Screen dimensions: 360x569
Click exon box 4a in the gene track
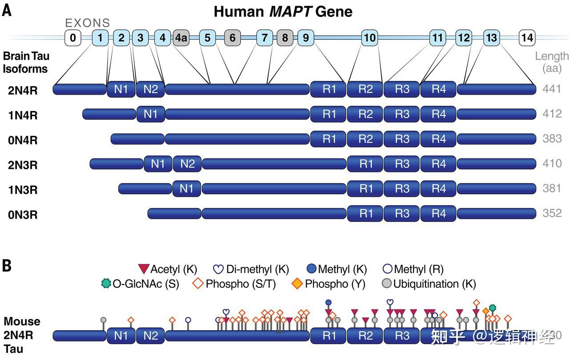tap(181, 38)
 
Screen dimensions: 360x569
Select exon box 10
tap(370, 38)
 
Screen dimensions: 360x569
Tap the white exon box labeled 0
tap(72, 38)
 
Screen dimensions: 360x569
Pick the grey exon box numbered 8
tap(285, 38)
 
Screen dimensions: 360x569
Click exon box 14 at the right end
tap(527, 38)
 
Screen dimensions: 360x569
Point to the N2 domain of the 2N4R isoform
tap(150, 89)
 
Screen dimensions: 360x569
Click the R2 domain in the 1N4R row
tap(365, 114)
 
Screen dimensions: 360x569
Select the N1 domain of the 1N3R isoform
tap(187, 189)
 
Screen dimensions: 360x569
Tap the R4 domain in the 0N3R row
tap(438, 214)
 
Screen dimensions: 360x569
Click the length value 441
tap(552, 89)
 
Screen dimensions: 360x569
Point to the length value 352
tap(552, 213)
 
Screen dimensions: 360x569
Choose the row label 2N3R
tap(23, 165)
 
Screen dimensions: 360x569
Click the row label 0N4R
tap(23, 140)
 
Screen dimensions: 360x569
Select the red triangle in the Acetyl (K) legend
tap(144, 269)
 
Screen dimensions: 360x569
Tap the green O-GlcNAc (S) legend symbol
tap(106, 284)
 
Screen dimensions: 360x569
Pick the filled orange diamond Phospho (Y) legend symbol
tap(297, 284)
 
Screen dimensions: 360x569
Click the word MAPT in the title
tap(290, 12)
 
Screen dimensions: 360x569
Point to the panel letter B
tap(7, 266)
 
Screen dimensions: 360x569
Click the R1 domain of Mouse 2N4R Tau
tap(329, 336)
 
